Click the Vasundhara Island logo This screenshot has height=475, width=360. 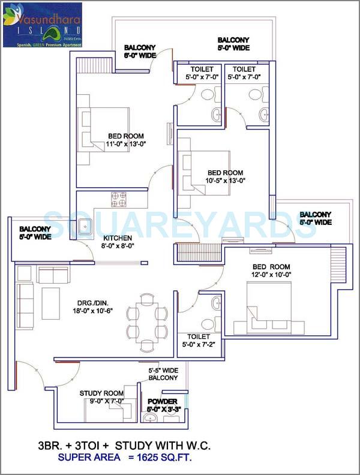(42, 25)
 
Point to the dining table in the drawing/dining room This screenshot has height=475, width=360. (148, 321)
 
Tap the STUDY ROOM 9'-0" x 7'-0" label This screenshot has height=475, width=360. (102, 397)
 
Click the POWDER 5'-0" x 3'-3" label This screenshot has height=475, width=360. (161, 405)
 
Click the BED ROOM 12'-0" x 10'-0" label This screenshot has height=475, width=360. (271, 270)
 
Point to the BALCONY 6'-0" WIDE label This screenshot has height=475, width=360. (140, 52)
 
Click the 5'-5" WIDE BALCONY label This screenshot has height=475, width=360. (163, 374)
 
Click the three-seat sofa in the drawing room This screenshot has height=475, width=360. (25, 303)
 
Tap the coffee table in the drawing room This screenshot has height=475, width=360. (50, 298)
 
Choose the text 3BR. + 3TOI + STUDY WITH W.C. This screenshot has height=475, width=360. (124, 446)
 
